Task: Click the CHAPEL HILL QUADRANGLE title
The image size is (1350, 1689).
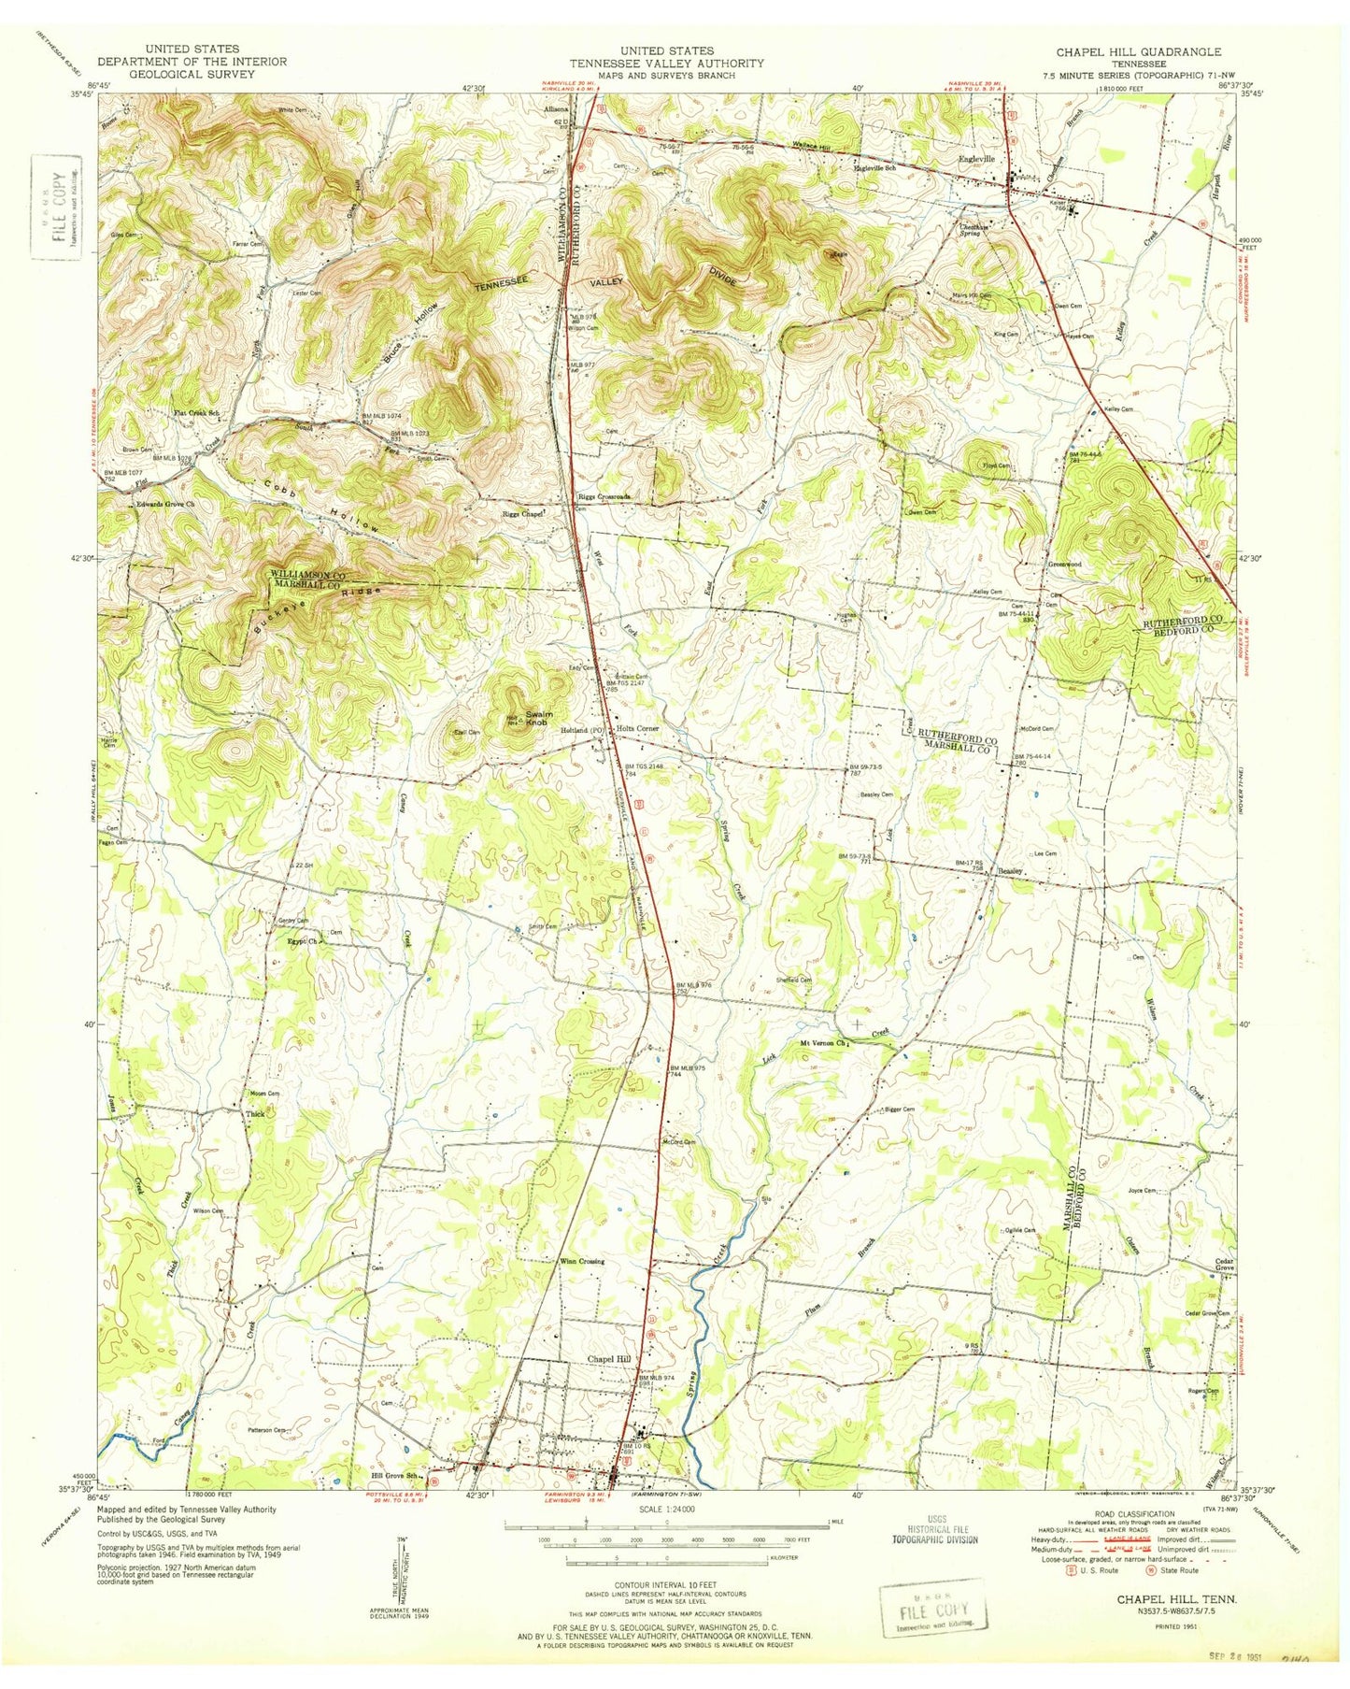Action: point(1138,51)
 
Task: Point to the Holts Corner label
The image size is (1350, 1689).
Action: point(637,729)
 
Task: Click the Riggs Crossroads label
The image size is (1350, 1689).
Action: point(604,496)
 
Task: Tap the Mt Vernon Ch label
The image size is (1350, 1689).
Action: point(824,1043)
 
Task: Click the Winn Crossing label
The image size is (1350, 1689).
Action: point(582,1261)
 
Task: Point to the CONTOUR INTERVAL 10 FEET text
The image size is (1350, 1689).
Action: point(665,1585)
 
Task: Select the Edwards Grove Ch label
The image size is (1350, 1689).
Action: point(165,505)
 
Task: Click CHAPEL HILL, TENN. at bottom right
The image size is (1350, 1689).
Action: point(1176,1600)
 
